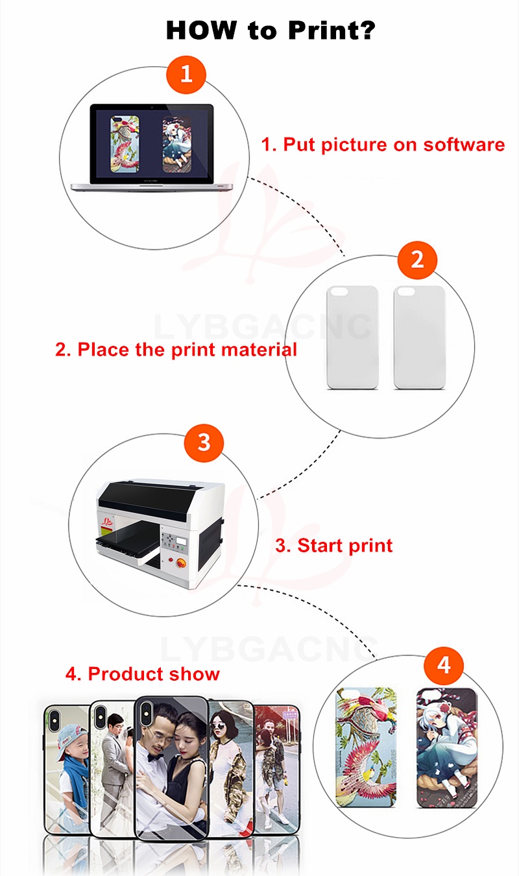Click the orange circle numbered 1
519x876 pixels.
[186, 75]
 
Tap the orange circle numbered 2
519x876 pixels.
[417, 260]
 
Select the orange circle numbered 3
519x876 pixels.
[204, 443]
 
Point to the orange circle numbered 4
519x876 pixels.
[444, 665]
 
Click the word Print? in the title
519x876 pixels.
[332, 30]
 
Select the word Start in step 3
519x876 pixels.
[320, 545]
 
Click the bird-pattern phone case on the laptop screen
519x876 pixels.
[125, 144]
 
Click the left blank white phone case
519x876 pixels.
[352, 337]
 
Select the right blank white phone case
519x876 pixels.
[419, 337]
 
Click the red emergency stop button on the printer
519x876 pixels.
[181, 563]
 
